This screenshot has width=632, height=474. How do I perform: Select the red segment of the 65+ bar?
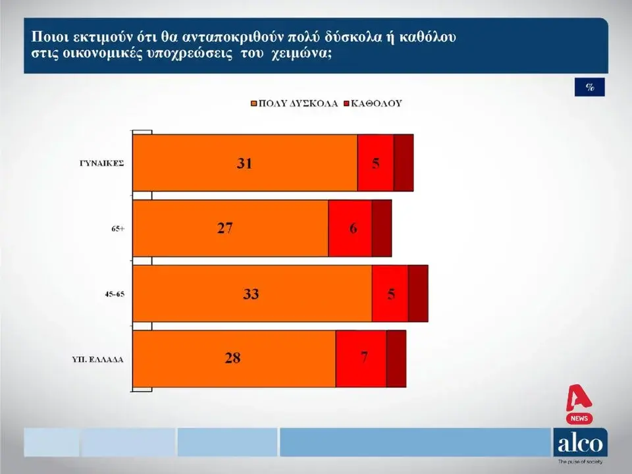[x=350, y=228]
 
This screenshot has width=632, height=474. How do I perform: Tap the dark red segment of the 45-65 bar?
[x=417, y=294]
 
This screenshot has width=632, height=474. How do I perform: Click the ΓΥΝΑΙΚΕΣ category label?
[x=99, y=163]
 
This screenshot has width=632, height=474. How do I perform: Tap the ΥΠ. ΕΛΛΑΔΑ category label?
[x=99, y=359]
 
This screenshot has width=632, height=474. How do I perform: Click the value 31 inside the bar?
[x=245, y=163]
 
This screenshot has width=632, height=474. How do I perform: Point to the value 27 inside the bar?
[x=224, y=228]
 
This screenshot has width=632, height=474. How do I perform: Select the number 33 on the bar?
[x=251, y=294]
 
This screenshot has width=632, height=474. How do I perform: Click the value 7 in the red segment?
[x=363, y=358]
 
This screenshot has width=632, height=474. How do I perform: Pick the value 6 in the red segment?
[x=353, y=228]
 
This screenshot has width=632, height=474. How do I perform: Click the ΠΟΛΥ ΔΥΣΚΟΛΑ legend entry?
[x=294, y=104]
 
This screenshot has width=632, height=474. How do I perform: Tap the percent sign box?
[x=589, y=88]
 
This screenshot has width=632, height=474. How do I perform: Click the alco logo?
[x=579, y=442]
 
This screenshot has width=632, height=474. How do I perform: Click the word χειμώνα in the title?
[x=298, y=54]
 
